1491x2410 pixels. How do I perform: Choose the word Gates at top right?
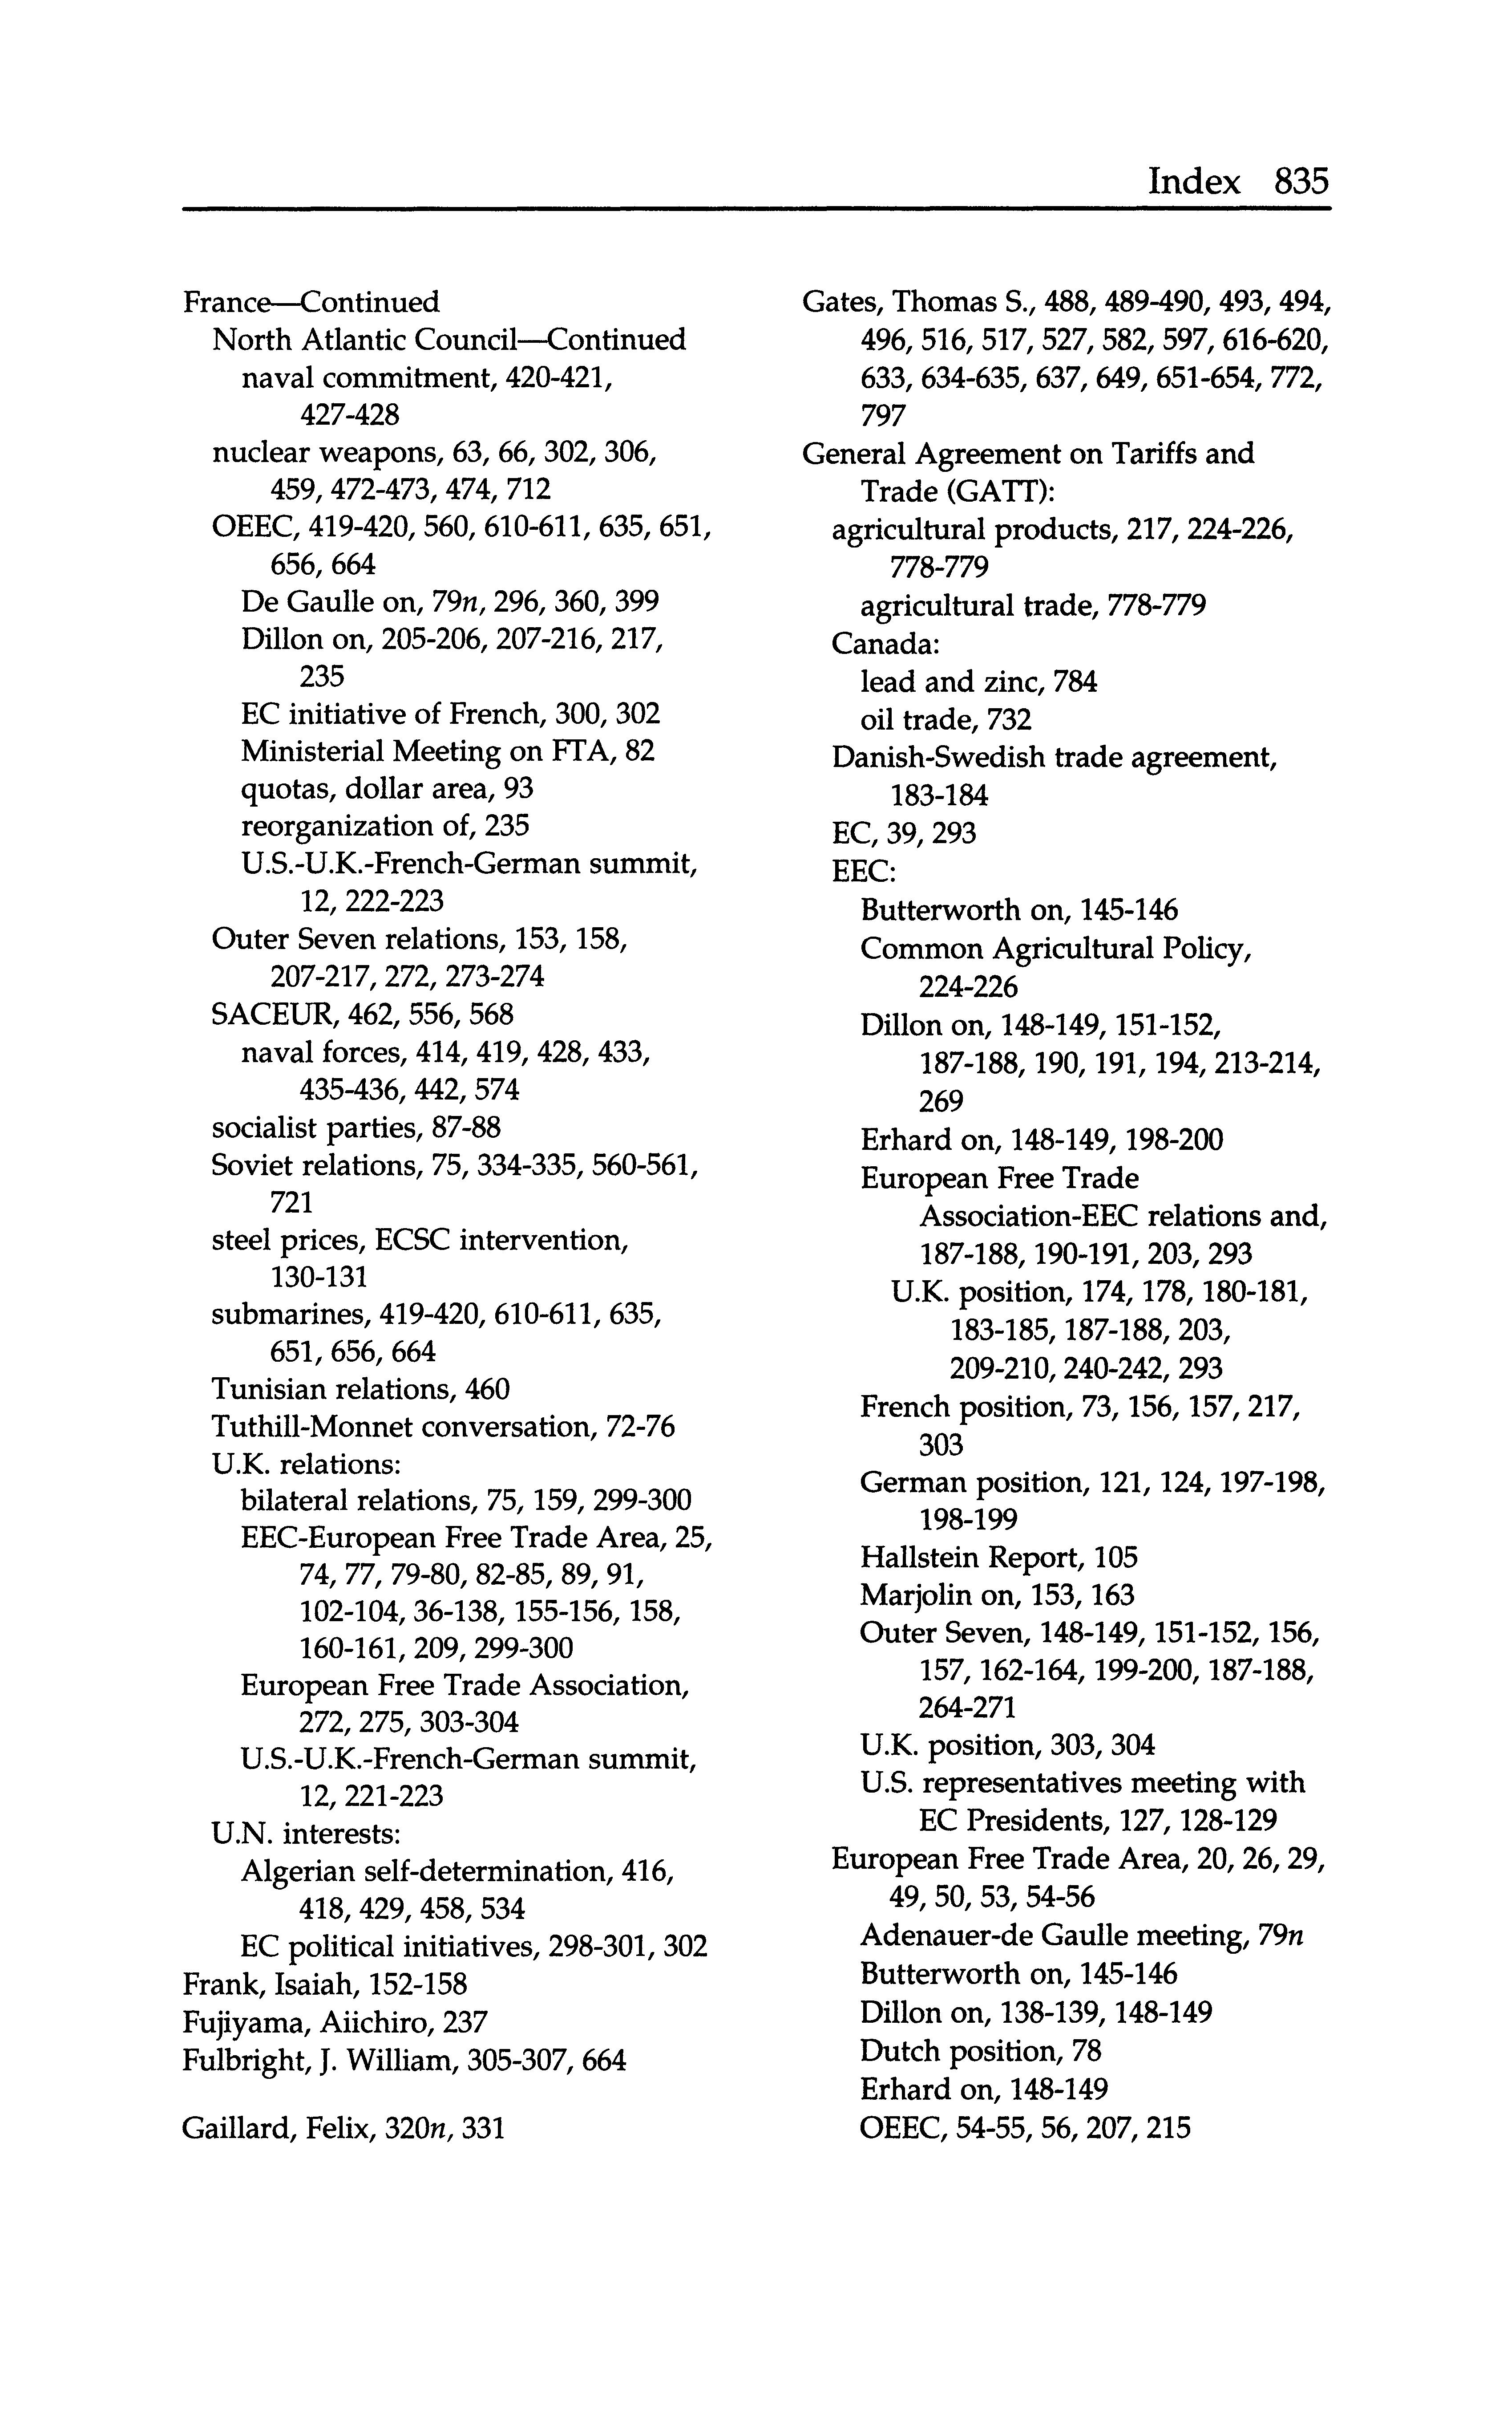tap(840, 302)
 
